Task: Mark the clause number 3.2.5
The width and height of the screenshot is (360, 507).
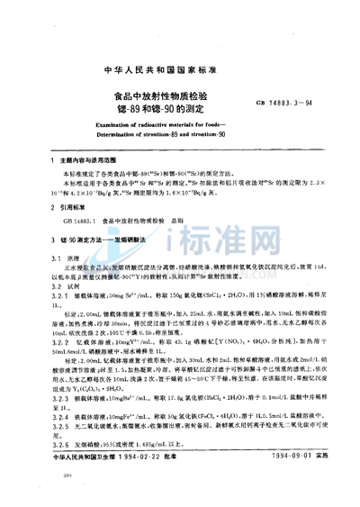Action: [40, 416]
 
